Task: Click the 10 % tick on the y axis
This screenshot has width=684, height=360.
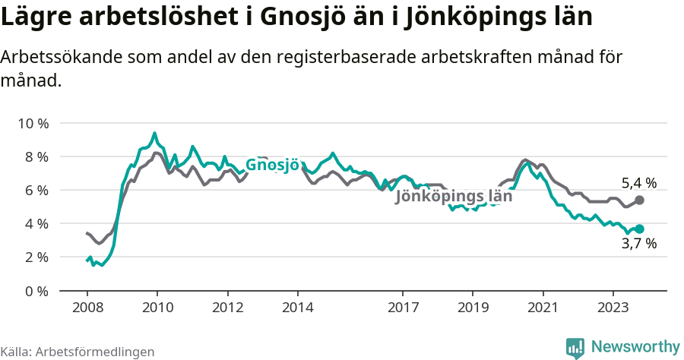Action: point(31,123)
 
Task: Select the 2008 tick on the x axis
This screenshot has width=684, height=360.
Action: point(87,308)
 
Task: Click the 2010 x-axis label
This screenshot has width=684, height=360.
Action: point(157,308)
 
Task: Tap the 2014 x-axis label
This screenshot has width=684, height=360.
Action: point(297,308)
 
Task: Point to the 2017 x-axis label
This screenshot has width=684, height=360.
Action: point(403,308)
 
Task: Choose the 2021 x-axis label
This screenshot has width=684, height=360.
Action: point(543,308)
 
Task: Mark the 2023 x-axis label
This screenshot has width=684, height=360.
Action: point(613,308)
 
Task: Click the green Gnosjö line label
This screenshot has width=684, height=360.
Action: point(272,166)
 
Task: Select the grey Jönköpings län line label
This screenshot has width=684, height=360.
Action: point(454,196)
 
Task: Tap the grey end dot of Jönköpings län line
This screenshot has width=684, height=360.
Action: point(639,200)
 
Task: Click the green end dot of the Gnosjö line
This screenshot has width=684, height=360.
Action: point(639,229)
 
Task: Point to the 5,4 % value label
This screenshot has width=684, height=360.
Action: point(638,182)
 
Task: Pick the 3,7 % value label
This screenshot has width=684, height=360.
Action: point(638,244)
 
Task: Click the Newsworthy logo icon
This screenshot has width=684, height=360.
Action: point(575,347)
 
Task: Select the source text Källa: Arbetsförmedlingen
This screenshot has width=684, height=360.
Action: point(78,352)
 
